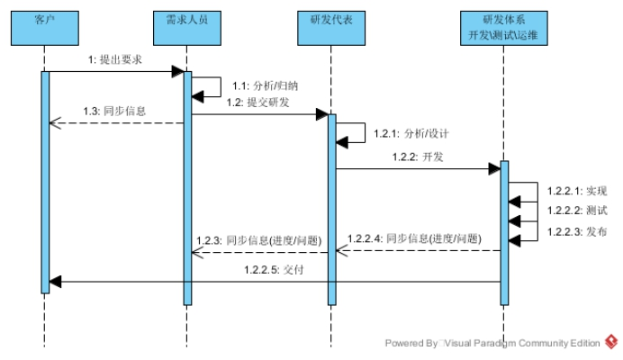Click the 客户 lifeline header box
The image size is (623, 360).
point(45,28)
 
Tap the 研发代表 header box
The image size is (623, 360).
point(331,28)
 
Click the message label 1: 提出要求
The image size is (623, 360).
point(114,59)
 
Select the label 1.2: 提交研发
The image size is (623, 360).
point(258,103)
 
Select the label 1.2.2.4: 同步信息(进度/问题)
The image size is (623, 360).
point(414,238)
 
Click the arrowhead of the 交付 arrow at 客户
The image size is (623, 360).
point(55,282)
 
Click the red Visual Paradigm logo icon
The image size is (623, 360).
point(611,342)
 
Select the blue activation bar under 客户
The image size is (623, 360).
point(45,180)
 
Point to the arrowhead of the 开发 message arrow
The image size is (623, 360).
point(494,169)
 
